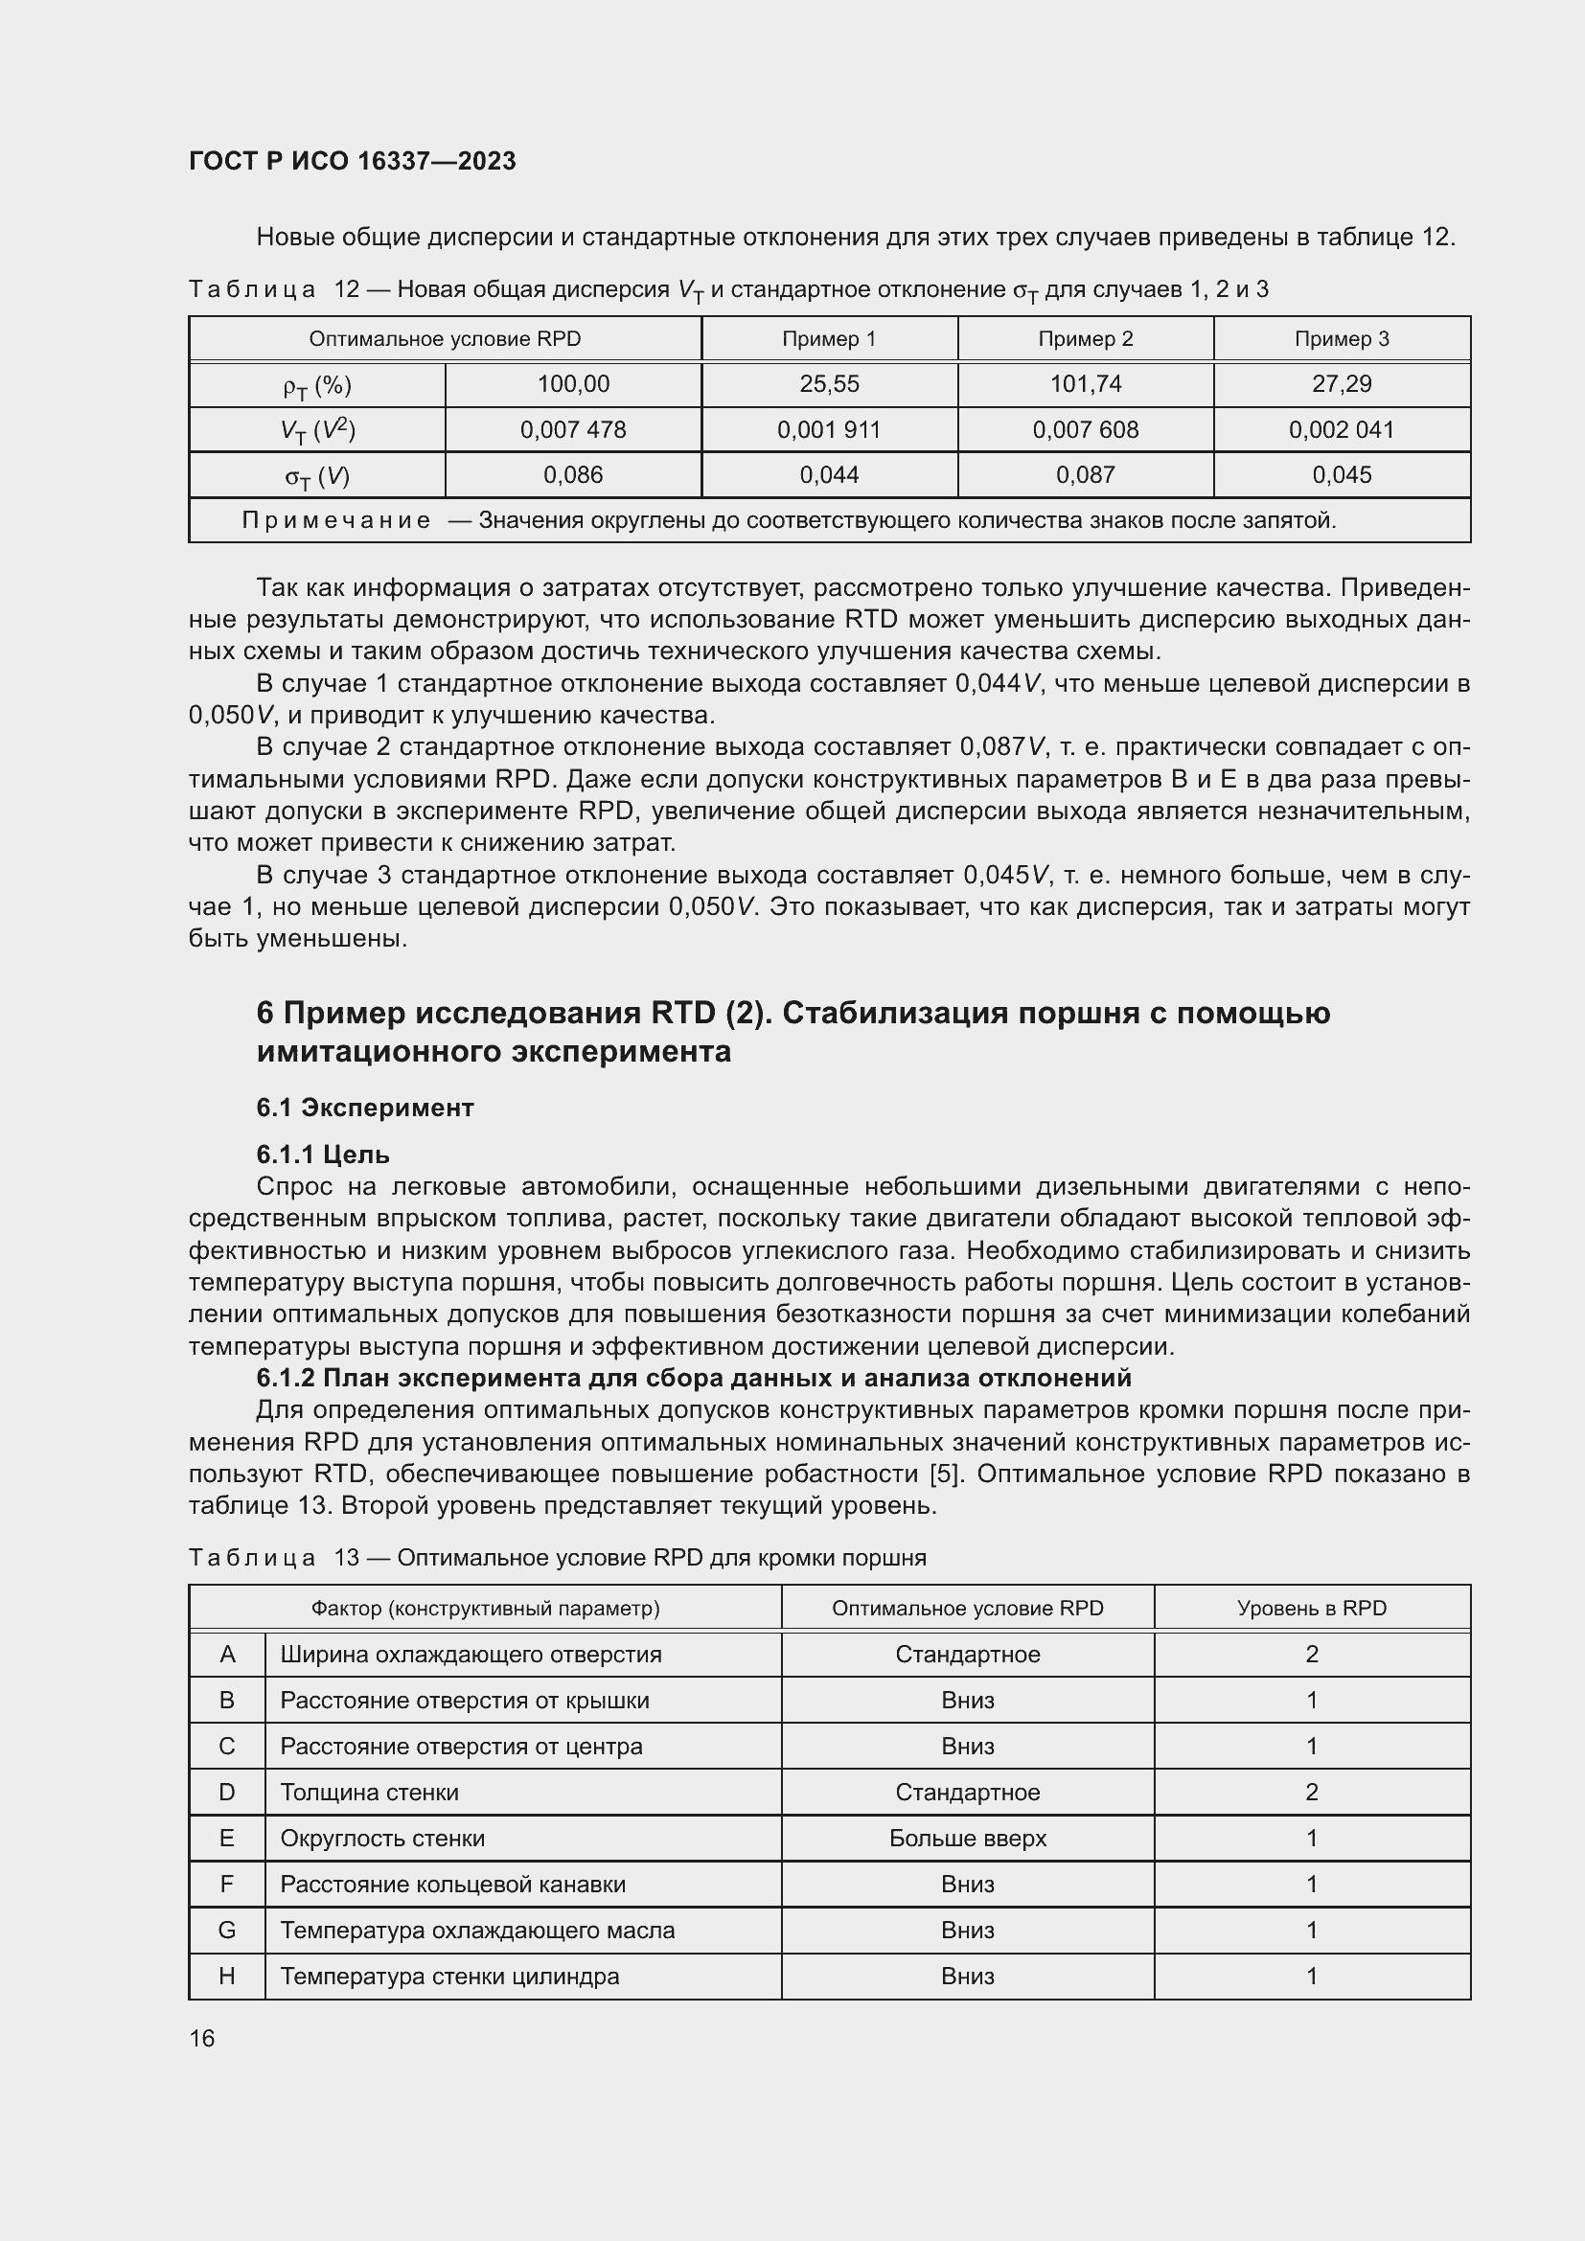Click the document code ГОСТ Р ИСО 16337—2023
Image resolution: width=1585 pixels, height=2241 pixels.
[x=352, y=161]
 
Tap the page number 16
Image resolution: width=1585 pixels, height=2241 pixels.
[x=202, y=2038]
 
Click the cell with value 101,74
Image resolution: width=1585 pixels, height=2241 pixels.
[x=1086, y=383]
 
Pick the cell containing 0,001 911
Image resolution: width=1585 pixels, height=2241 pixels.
[x=829, y=429]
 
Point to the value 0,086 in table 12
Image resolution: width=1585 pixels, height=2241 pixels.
[x=573, y=475]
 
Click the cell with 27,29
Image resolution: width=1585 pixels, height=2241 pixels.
[x=1341, y=383]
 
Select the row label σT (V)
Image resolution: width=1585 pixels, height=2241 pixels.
[x=317, y=476]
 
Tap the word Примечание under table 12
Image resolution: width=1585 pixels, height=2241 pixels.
[x=335, y=520]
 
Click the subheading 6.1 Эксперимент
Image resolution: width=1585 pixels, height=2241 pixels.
[x=365, y=1108]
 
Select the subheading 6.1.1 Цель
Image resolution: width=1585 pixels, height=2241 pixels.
[x=323, y=1155]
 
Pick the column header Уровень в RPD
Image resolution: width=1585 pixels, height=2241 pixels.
[x=1311, y=1608]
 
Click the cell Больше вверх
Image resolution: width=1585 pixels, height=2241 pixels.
[x=967, y=1838]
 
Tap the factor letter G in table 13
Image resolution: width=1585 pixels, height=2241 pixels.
[x=227, y=1930]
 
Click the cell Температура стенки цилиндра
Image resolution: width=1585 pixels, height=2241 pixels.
[x=450, y=1976]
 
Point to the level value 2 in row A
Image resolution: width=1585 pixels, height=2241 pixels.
[x=1311, y=1655]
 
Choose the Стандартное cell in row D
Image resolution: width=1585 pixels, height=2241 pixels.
[x=967, y=1792]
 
